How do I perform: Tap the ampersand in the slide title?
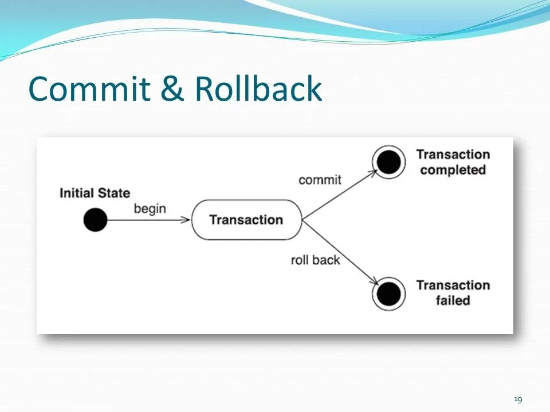[x=173, y=89]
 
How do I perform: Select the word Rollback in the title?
[x=258, y=89]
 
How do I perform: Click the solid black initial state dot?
[x=95, y=220]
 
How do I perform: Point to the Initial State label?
[x=95, y=193]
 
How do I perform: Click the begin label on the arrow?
[x=150, y=208]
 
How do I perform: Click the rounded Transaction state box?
[x=246, y=220]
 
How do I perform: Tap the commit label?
[x=320, y=180]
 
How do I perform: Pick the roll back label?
[x=315, y=260]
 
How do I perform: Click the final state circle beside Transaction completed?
[x=389, y=163]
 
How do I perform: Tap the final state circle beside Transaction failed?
[x=389, y=294]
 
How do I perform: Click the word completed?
[x=453, y=170]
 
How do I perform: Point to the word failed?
[x=453, y=300]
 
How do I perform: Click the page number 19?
[x=518, y=399]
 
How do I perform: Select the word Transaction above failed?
[x=453, y=285]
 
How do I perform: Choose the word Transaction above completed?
[x=453, y=154]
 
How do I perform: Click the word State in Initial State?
[x=114, y=193]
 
